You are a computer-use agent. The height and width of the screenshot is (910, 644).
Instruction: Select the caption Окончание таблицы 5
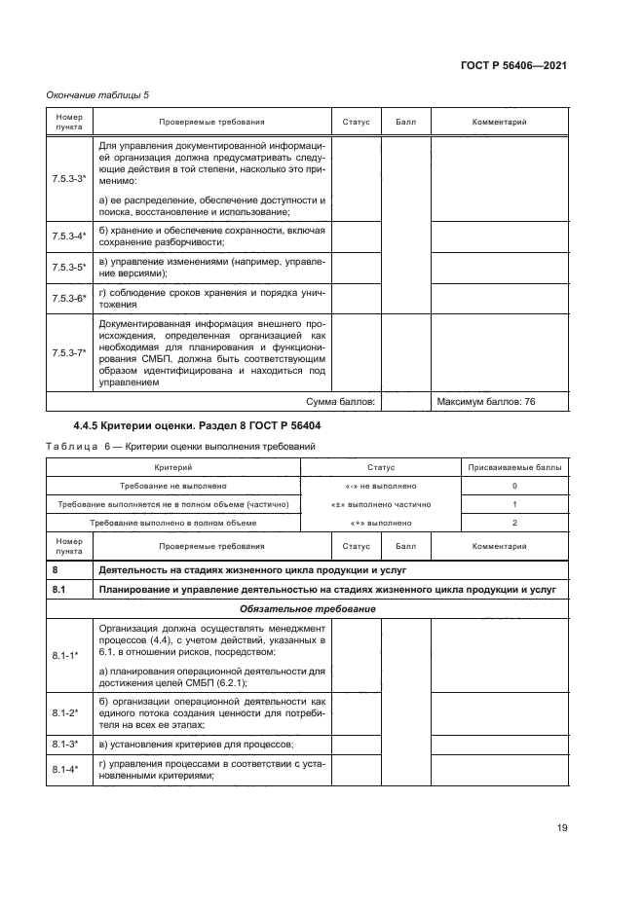tap(97, 94)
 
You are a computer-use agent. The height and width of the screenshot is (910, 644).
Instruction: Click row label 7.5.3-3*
tap(69, 181)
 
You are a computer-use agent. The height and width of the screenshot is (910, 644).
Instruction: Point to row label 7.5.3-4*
tap(69, 237)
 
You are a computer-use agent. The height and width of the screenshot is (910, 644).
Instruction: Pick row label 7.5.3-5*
tap(69, 267)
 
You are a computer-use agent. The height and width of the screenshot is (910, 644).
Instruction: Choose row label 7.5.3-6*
tap(69, 298)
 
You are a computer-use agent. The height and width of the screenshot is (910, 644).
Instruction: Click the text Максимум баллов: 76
tap(486, 401)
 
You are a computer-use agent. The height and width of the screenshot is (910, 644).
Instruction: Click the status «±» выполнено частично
tap(383, 504)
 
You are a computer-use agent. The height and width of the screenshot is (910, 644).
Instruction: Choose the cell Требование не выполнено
tap(174, 486)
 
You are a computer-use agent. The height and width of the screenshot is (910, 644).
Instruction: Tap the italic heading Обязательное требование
tap(307, 608)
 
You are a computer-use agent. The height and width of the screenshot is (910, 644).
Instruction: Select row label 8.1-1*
tap(69, 657)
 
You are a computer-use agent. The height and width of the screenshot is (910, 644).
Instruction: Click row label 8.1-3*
tap(69, 745)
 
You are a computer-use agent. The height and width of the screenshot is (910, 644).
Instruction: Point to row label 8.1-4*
tap(69, 770)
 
